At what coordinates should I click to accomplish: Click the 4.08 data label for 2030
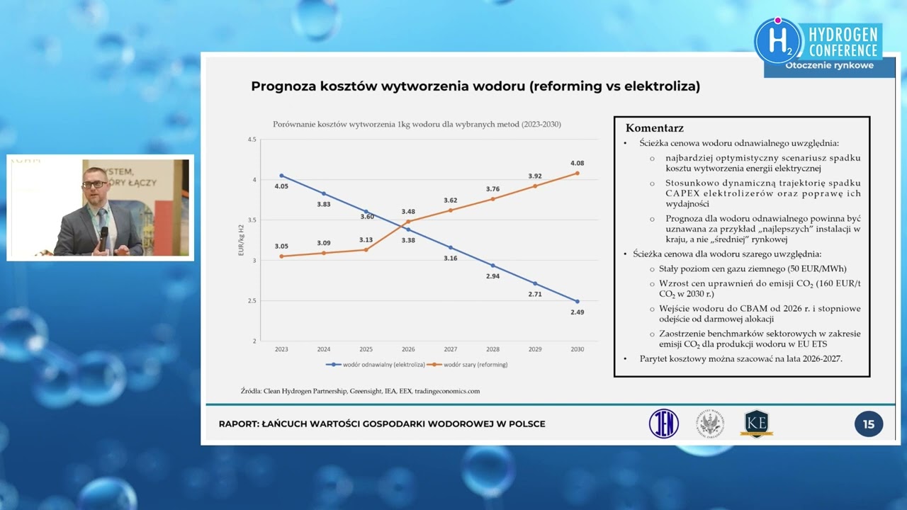pyautogui.click(x=577, y=163)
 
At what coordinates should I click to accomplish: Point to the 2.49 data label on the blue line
pyautogui.click(x=577, y=312)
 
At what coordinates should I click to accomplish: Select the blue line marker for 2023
pyautogui.click(x=281, y=175)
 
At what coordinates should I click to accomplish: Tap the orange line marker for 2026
pyautogui.click(x=407, y=222)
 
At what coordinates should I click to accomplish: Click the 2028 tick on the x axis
pyautogui.click(x=492, y=349)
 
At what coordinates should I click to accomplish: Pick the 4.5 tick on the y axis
pyautogui.click(x=252, y=140)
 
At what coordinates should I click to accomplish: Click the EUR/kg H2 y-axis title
pyautogui.click(x=240, y=241)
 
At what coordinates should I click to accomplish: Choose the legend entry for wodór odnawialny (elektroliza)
pyautogui.click(x=376, y=365)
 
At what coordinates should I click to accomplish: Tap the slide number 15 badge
pyautogui.click(x=868, y=424)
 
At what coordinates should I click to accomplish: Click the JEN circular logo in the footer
pyautogui.click(x=664, y=424)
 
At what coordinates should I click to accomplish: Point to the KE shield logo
pyautogui.click(x=756, y=424)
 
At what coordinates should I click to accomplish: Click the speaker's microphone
pyautogui.click(x=103, y=233)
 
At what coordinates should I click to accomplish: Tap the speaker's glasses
pyautogui.click(x=94, y=184)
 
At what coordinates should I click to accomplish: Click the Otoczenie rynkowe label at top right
pyautogui.click(x=828, y=66)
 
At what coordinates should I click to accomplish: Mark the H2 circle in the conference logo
pyautogui.click(x=777, y=41)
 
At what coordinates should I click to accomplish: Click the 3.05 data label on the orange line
pyautogui.click(x=281, y=246)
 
